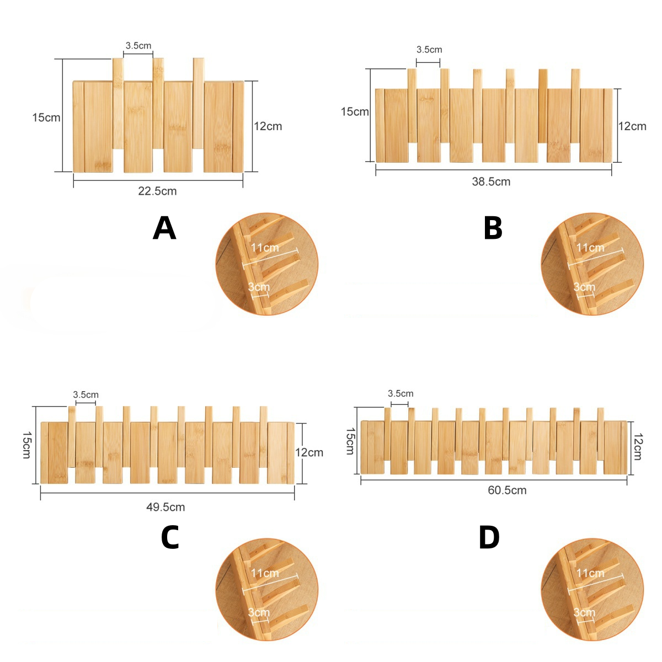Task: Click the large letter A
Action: pos(164,228)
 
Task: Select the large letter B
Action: pos(493,228)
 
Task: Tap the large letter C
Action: pos(170,537)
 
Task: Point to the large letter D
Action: pos(489,537)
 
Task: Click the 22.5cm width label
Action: pos(157,191)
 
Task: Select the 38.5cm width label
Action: pos(491,181)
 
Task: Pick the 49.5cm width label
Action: pos(165,507)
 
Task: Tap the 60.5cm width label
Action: pos(507,490)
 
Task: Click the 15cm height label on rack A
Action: pos(46,118)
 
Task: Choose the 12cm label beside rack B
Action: pos(632,126)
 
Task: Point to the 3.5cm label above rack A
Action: pos(138,45)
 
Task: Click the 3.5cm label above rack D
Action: pos(401,393)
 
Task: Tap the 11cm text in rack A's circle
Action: pos(265,247)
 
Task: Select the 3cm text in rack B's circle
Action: pos(584,287)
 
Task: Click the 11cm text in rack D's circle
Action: pos(590,573)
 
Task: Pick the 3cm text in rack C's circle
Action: pos(259,612)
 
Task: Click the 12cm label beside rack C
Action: pos(309,452)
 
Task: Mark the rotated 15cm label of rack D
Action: pos(350,441)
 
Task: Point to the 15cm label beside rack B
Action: pos(355,111)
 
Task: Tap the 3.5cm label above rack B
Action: pos(429,50)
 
